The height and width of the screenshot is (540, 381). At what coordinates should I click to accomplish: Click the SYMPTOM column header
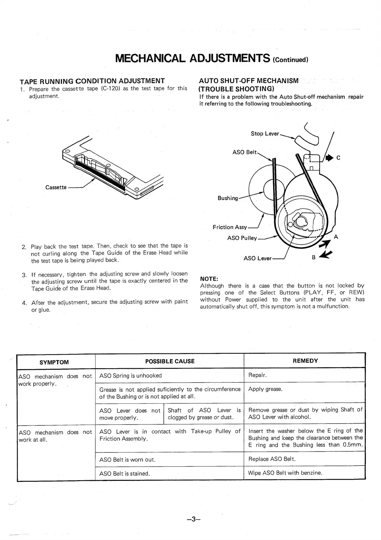(54, 362)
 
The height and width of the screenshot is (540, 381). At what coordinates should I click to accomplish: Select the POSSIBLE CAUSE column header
(170, 361)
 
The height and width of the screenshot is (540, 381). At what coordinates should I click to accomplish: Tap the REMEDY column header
(305, 361)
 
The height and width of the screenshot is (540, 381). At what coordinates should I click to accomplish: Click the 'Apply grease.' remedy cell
(265, 389)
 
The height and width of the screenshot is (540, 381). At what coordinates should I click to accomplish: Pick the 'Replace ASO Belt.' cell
(272, 459)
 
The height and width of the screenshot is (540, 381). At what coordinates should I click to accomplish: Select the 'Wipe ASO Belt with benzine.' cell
(285, 473)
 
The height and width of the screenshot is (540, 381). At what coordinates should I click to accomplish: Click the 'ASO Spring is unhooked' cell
(131, 376)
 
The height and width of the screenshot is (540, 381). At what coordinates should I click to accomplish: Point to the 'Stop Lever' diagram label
(265, 134)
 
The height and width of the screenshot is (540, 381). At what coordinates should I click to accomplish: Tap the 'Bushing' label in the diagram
(228, 198)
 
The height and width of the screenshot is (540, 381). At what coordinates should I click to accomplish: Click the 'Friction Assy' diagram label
(229, 227)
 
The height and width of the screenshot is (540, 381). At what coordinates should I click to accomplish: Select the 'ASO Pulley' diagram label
(242, 238)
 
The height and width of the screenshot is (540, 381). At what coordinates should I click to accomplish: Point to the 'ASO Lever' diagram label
(258, 258)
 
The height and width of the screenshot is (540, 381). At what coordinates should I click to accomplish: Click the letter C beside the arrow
(338, 158)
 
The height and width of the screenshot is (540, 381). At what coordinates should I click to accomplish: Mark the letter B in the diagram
(313, 258)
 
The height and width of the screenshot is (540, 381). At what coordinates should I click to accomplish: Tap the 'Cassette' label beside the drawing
(56, 187)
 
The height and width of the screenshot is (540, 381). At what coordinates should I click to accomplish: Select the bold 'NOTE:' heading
(209, 279)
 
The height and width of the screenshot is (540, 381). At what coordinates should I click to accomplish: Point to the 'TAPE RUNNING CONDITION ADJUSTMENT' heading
(92, 81)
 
